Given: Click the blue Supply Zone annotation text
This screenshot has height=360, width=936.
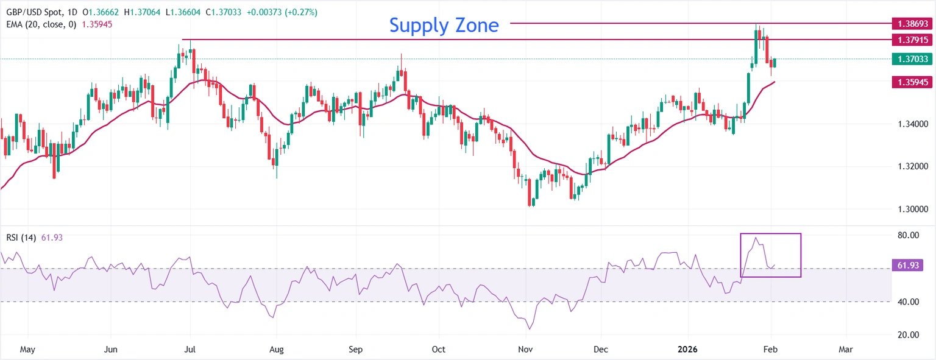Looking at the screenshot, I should coord(444,25).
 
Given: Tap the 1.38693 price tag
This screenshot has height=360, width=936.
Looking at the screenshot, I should coord(912,24).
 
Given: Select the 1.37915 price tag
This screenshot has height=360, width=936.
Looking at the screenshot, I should coord(912,40).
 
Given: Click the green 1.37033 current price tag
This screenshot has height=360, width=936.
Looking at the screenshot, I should coord(912,59).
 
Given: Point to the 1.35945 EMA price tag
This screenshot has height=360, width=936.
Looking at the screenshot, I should coord(912,82).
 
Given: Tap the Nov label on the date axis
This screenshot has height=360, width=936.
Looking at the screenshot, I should coord(525,350).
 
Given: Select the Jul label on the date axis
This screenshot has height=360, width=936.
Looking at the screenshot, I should coord(190,350).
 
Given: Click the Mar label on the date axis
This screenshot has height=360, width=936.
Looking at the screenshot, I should coord(845,350).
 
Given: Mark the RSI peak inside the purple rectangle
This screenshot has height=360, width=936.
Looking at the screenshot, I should coord(756,238).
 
